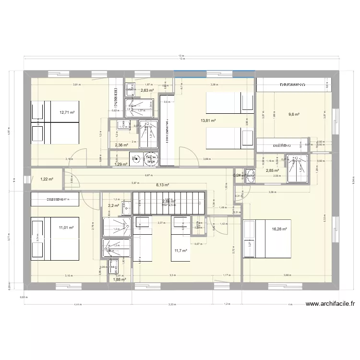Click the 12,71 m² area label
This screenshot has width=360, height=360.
click(67, 113)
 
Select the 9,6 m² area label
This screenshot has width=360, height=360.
click(294, 114)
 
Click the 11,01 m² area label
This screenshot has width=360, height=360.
click(66, 228)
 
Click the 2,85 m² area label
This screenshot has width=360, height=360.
click(273, 170)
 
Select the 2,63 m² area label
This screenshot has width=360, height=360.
click(147, 90)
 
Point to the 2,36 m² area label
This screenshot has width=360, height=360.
click(121, 144)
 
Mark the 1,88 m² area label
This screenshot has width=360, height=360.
click(119, 279)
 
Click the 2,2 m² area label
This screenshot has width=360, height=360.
click(114, 205)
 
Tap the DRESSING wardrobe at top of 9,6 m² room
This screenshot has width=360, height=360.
click(292, 85)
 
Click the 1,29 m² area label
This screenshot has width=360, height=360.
click(121, 164)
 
